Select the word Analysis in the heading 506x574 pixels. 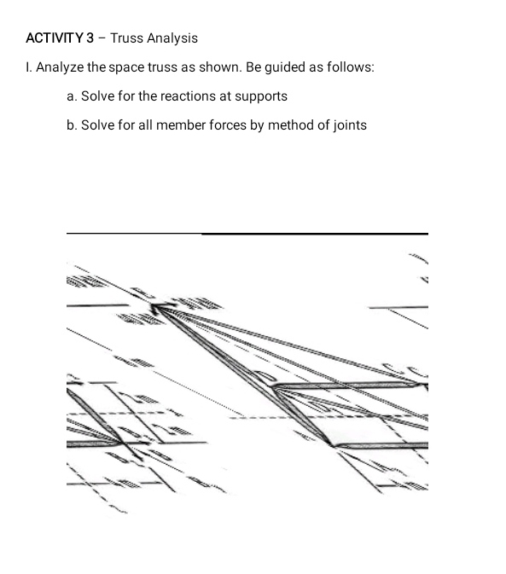(x=172, y=38)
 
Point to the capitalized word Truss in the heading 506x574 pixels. (x=127, y=38)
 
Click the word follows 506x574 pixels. (x=349, y=67)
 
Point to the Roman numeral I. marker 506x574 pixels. (x=29, y=67)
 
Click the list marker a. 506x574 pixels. (x=71, y=96)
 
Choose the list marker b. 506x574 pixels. (x=71, y=125)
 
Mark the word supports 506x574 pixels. (x=259, y=96)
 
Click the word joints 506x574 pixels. (x=349, y=125)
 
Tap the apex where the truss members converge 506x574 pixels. (x=156, y=307)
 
